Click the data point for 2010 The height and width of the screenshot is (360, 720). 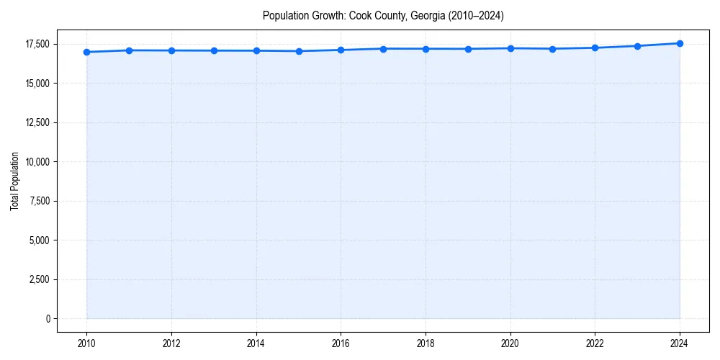[86, 52]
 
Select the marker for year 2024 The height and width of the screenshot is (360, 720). [680, 43]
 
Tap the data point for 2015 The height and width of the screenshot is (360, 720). [299, 51]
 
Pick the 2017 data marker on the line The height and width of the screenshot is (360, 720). [383, 49]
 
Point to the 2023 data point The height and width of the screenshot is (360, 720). [637, 46]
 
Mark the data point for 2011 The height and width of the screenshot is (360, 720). [129, 50]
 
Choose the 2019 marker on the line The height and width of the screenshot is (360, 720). [468, 49]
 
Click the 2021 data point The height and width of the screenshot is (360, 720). [552, 49]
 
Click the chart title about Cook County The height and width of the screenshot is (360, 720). [382, 15]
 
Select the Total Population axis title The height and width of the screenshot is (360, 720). [14, 181]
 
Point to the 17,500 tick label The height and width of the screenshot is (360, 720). [36, 44]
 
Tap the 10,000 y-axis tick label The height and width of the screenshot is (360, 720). [36, 162]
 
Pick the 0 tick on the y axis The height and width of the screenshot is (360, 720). [48, 318]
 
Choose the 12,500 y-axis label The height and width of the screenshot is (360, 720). [36, 122]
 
